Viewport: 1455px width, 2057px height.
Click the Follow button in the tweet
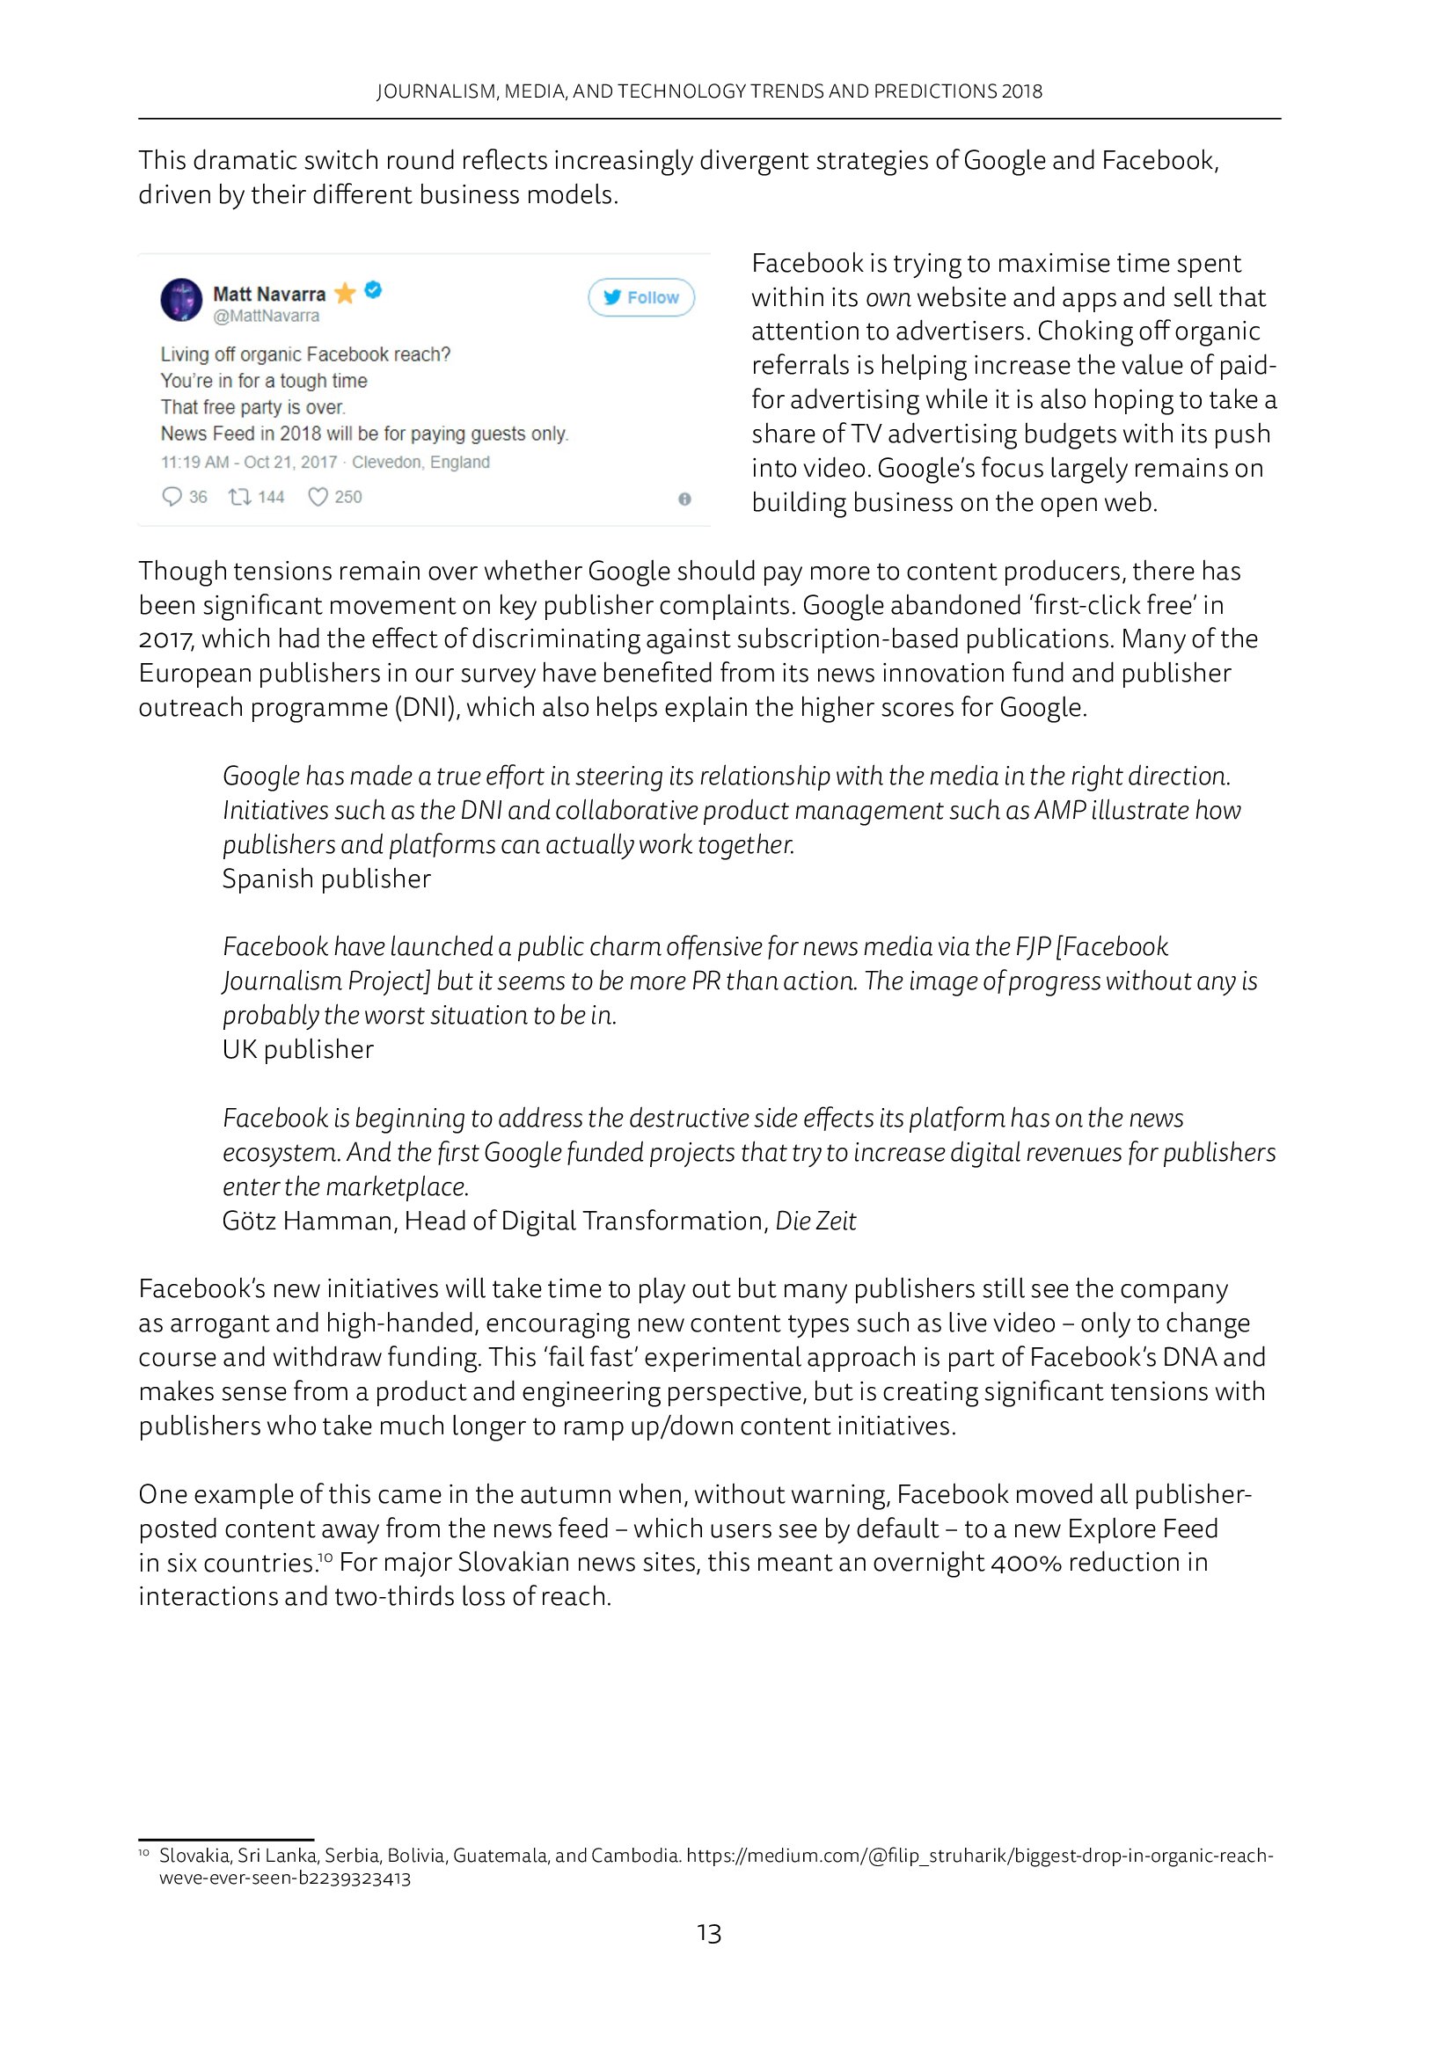tap(640, 297)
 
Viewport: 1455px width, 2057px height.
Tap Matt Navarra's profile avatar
tap(181, 299)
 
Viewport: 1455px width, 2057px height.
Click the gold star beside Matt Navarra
tap(345, 293)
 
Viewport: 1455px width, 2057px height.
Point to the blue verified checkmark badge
tap(374, 290)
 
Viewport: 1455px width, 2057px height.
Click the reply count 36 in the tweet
tap(198, 497)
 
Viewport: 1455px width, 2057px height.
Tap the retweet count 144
tap(271, 497)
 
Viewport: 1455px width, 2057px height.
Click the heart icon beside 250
tap(318, 497)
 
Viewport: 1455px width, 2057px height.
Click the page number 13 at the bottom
tap(709, 1933)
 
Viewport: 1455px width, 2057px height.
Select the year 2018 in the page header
tap(1022, 91)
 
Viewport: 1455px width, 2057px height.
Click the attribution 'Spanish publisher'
tap(326, 879)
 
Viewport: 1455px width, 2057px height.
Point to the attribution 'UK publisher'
tap(297, 1050)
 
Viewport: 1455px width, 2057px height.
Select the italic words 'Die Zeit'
tap(815, 1222)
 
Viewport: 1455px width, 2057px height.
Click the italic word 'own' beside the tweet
tap(888, 298)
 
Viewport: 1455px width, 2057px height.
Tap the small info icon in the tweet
tap(684, 499)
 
